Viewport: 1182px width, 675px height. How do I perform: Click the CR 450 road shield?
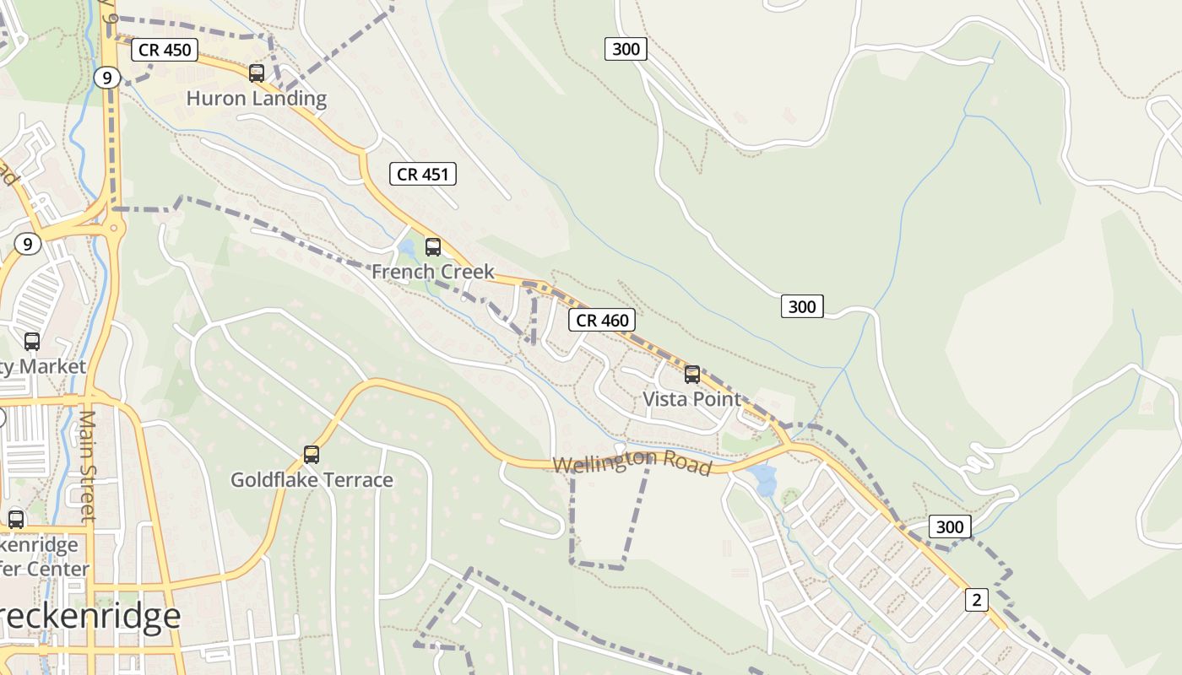pos(165,50)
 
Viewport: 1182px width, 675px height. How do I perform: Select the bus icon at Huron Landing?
pos(257,73)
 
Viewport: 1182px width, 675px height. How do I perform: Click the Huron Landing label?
pos(256,99)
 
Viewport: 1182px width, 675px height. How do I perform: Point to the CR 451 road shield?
pos(423,175)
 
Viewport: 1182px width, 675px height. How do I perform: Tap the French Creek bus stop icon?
pos(433,247)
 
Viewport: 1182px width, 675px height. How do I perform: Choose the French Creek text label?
pos(432,272)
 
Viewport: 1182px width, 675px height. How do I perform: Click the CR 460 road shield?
pos(602,321)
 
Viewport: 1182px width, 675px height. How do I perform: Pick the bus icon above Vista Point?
pos(692,375)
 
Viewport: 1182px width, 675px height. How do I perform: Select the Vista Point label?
pos(691,399)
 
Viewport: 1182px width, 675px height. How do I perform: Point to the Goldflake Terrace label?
pos(312,480)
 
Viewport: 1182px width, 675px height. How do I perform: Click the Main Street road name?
pos(88,464)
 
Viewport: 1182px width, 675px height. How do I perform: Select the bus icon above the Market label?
pos(32,342)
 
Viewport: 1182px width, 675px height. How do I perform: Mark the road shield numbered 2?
pos(977,600)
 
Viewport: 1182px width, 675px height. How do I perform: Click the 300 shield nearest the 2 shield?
pos(950,527)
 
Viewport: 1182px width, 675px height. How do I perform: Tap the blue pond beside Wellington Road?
pos(765,481)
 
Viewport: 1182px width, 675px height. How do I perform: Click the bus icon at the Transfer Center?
pos(16,520)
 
